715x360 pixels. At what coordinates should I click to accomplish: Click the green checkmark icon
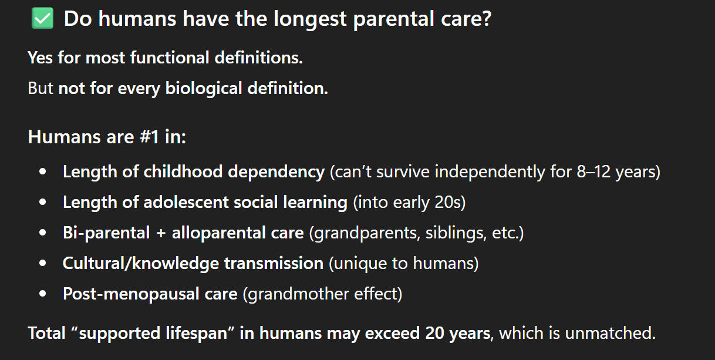click(42, 18)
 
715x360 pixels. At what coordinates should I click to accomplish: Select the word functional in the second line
click(170, 58)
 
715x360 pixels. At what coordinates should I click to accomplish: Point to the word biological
click(204, 89)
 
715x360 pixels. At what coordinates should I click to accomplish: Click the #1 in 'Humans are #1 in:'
click(149, 137)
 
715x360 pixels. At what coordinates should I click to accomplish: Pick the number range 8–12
click(593, 172)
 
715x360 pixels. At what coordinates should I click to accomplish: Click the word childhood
click(183, 171)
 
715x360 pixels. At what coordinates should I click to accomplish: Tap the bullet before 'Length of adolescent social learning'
click(42, 202)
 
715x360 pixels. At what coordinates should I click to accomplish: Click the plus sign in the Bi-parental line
click(161, 233)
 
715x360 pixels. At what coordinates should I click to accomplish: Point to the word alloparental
click(218, 233)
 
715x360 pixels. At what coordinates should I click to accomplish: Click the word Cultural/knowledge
click(141, 263)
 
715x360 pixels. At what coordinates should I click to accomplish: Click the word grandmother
click(298, 294)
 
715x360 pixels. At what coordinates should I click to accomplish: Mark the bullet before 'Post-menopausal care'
click(42, 294)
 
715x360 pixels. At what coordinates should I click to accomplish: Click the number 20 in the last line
click(434, 333)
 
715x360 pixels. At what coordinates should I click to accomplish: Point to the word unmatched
click(610, 333)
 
